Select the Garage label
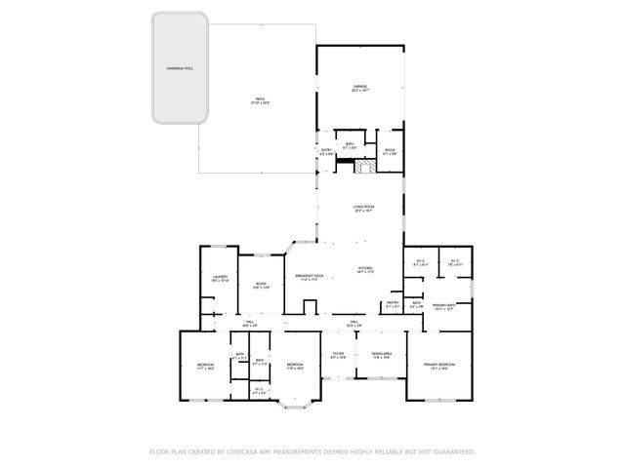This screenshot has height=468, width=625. (359, 87)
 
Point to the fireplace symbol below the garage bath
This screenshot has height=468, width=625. (364, 167)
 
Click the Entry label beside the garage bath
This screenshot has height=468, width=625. (326, 151)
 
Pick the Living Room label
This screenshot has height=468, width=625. (363, 208)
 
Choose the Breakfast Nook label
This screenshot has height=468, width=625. (310, 278)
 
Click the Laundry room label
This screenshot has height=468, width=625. (220, 279)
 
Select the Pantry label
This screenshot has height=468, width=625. (392, 304)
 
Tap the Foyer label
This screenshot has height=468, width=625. (338, 355)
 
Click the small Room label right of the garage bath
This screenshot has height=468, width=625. (389, 151)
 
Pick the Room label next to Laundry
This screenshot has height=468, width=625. (261, 286)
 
